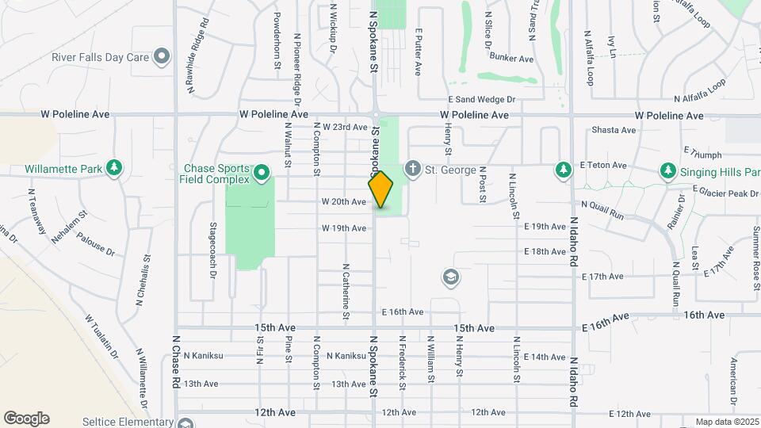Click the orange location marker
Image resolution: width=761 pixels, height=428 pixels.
point(380,189)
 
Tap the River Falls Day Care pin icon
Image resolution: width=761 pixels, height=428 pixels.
point(162,57)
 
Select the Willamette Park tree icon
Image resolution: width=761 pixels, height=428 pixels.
point(115,168)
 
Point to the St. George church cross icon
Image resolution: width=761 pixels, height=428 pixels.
point(411,169)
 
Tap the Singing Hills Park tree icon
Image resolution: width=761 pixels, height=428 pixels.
point(667,170)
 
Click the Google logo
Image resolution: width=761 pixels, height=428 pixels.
point(26,418)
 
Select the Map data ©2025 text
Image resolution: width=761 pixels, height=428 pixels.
point(726,422)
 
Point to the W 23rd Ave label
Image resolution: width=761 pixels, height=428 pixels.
point(346,127)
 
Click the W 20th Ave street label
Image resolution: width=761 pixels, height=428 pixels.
point(344,202)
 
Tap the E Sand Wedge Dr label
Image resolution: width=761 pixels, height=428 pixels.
point(482,100)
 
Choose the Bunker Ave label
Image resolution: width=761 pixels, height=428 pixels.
point(511,58)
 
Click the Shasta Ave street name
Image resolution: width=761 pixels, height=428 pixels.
point(614,130)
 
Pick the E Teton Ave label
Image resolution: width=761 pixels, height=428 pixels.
point(603,166)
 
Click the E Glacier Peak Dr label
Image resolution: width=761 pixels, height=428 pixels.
point(726,191)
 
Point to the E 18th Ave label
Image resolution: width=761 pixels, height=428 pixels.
point(545,251)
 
